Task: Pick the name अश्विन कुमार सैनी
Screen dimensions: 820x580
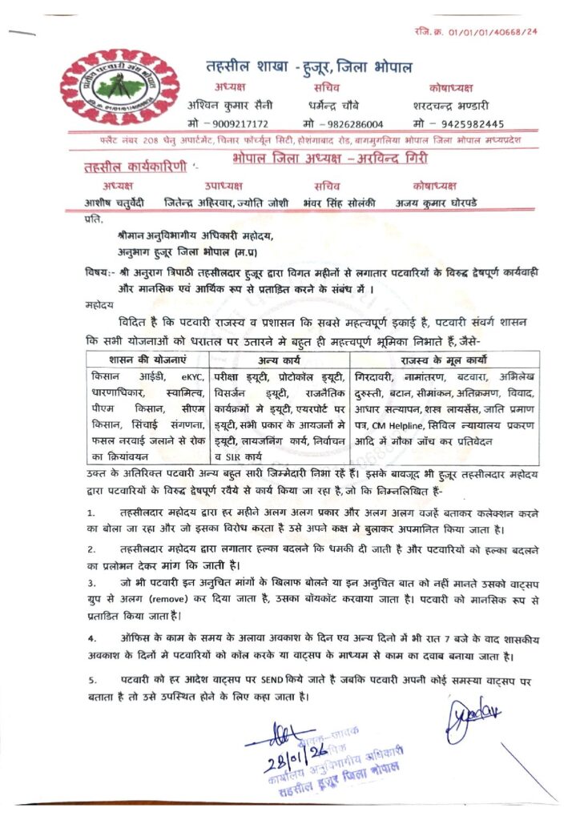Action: pos(231,106)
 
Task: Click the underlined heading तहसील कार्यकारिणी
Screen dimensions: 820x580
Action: pos(137,167)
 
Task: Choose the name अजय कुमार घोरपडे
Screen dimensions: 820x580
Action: pos(436,203)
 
